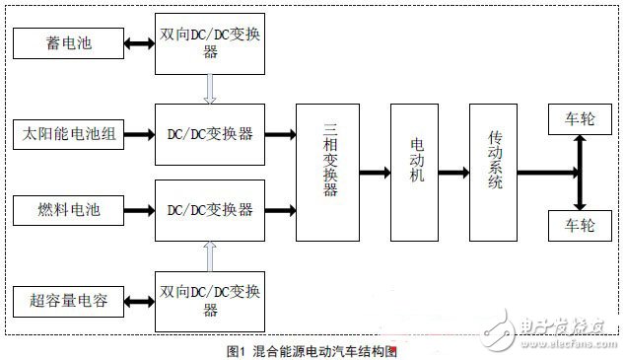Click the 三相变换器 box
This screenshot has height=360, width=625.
327,172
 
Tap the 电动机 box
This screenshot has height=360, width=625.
414,172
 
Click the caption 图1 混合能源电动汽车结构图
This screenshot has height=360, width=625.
312,349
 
